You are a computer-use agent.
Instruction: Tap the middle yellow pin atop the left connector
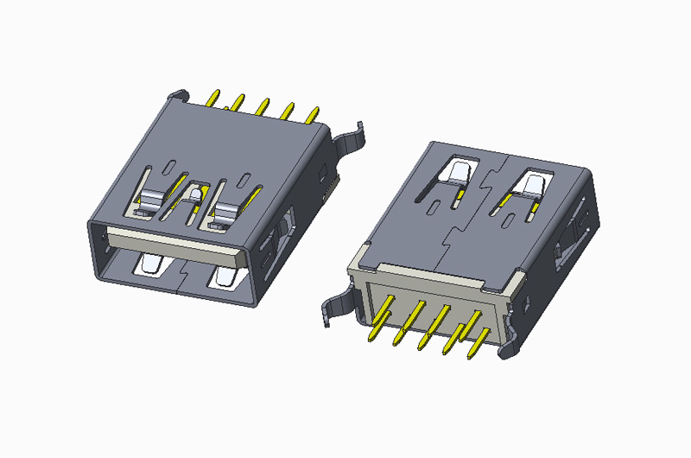(x=261, y=105)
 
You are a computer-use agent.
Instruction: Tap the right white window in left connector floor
(x=224, y=278)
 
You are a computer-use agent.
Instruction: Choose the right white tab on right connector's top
(x=532, y=182)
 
